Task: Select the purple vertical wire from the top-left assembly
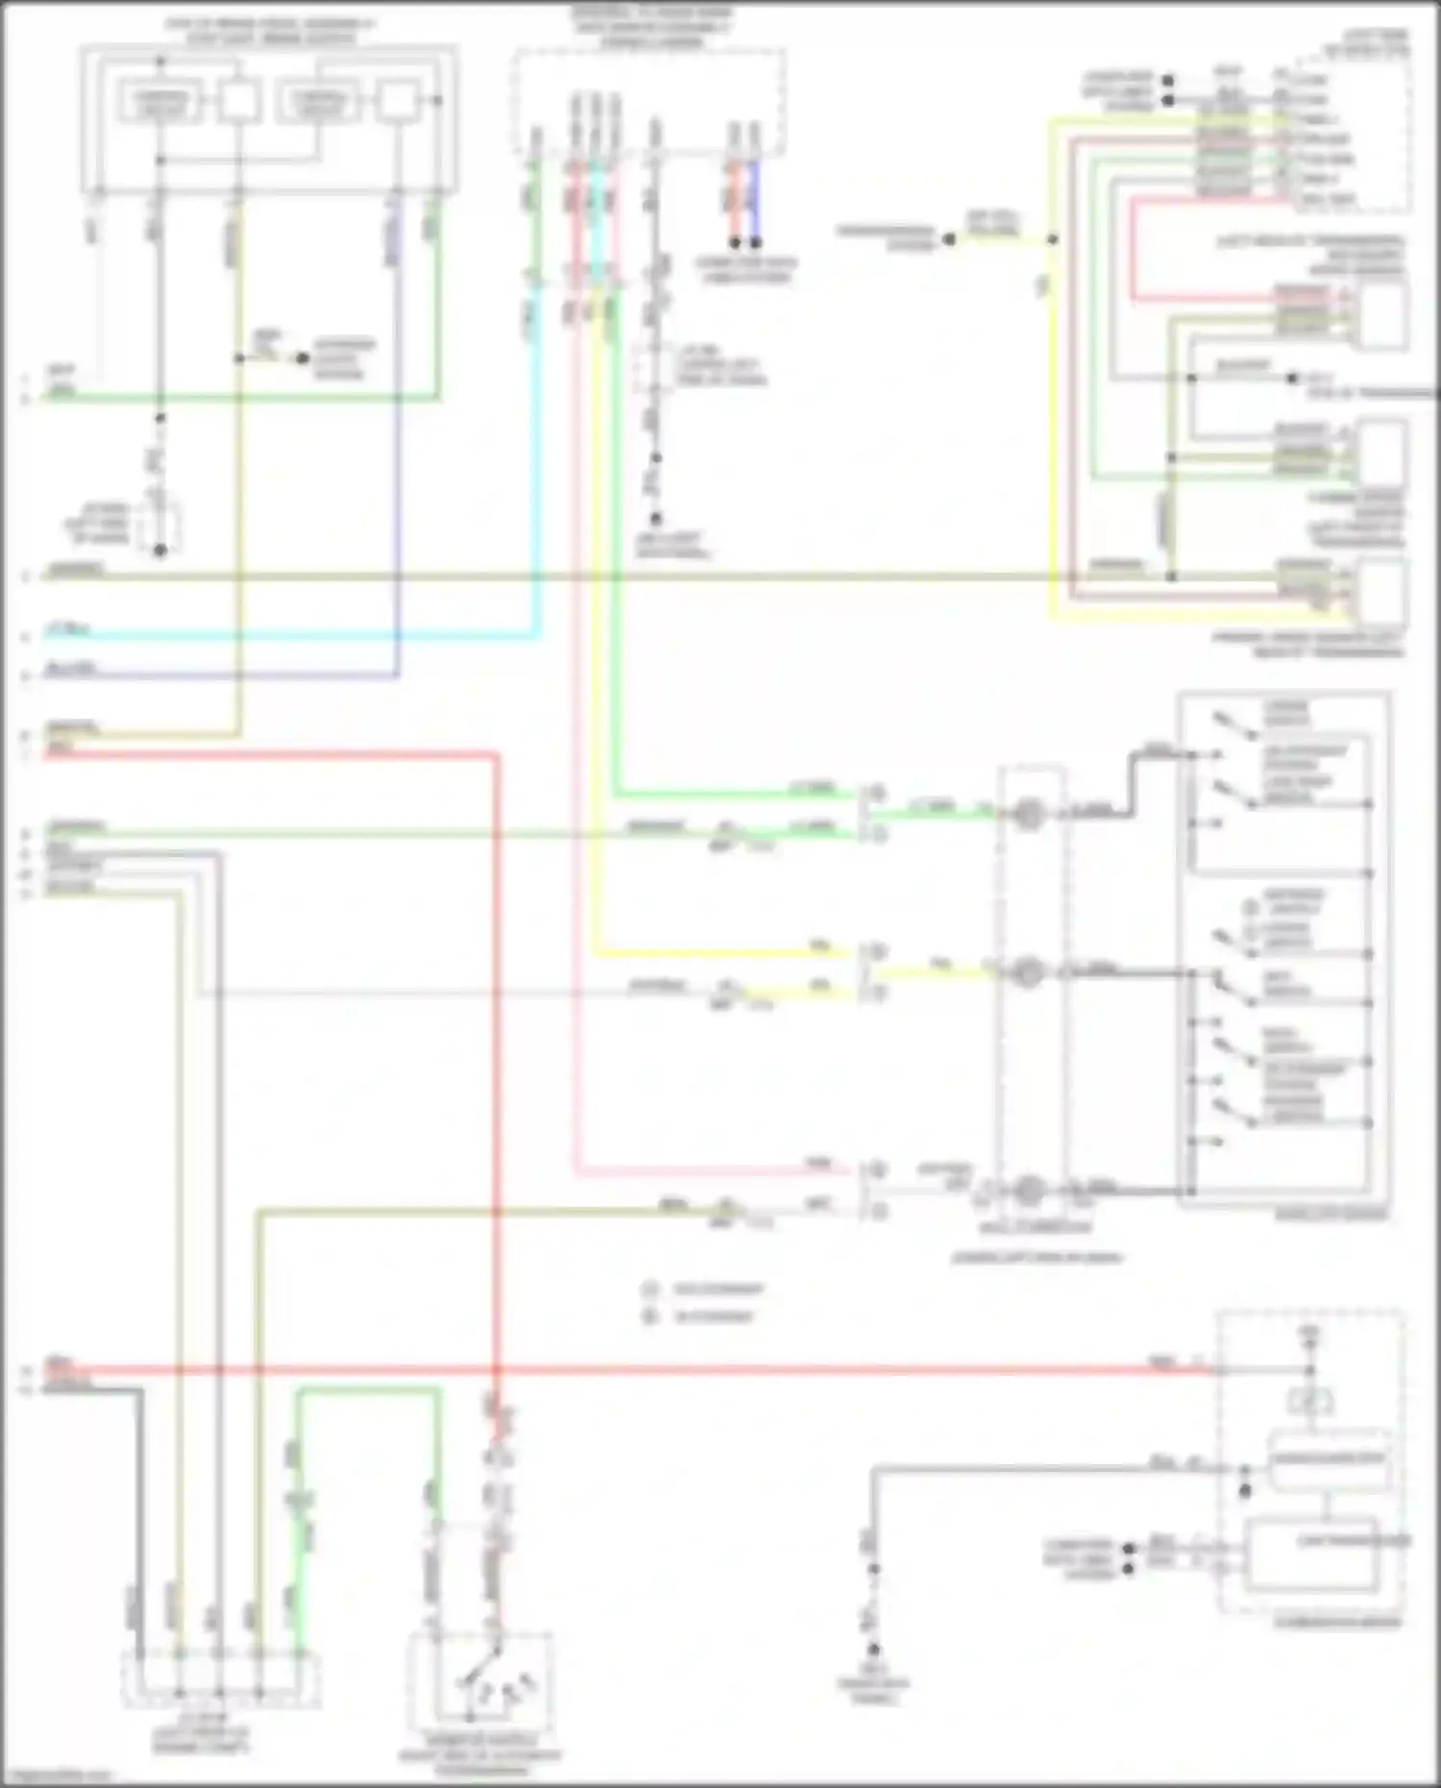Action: click(x=397, y=432)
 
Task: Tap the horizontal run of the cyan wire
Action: click(x=288, y=635)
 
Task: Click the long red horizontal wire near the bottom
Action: click(x=672, y=1368)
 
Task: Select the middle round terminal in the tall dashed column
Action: click(x=1028, y=972)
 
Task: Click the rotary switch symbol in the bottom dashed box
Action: click(x=480, y=1681)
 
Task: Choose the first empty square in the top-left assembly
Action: click(x=237, y=101)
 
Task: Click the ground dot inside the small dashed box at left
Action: click(x=160, y=550)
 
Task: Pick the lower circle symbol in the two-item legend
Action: click(x=650, y=1316)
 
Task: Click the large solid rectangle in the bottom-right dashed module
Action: click(x=1311, y=1554)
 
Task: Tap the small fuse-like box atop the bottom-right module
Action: click(x=1309, y=1402)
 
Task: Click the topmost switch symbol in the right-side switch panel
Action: click(x=1234, y=726)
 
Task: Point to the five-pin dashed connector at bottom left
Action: click(x=220, y=1679)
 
